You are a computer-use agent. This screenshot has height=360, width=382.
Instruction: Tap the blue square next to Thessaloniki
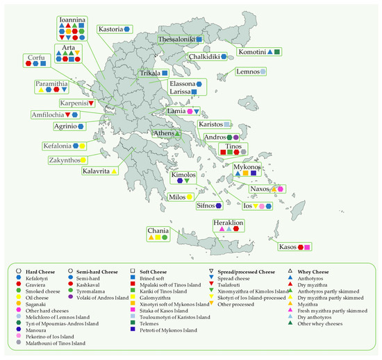pos(199,40)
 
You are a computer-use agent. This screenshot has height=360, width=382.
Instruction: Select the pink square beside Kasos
pos(308,246)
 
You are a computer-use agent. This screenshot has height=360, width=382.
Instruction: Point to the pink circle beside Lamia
pos(190,111)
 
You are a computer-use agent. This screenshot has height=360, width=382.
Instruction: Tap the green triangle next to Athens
pos(177,133)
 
